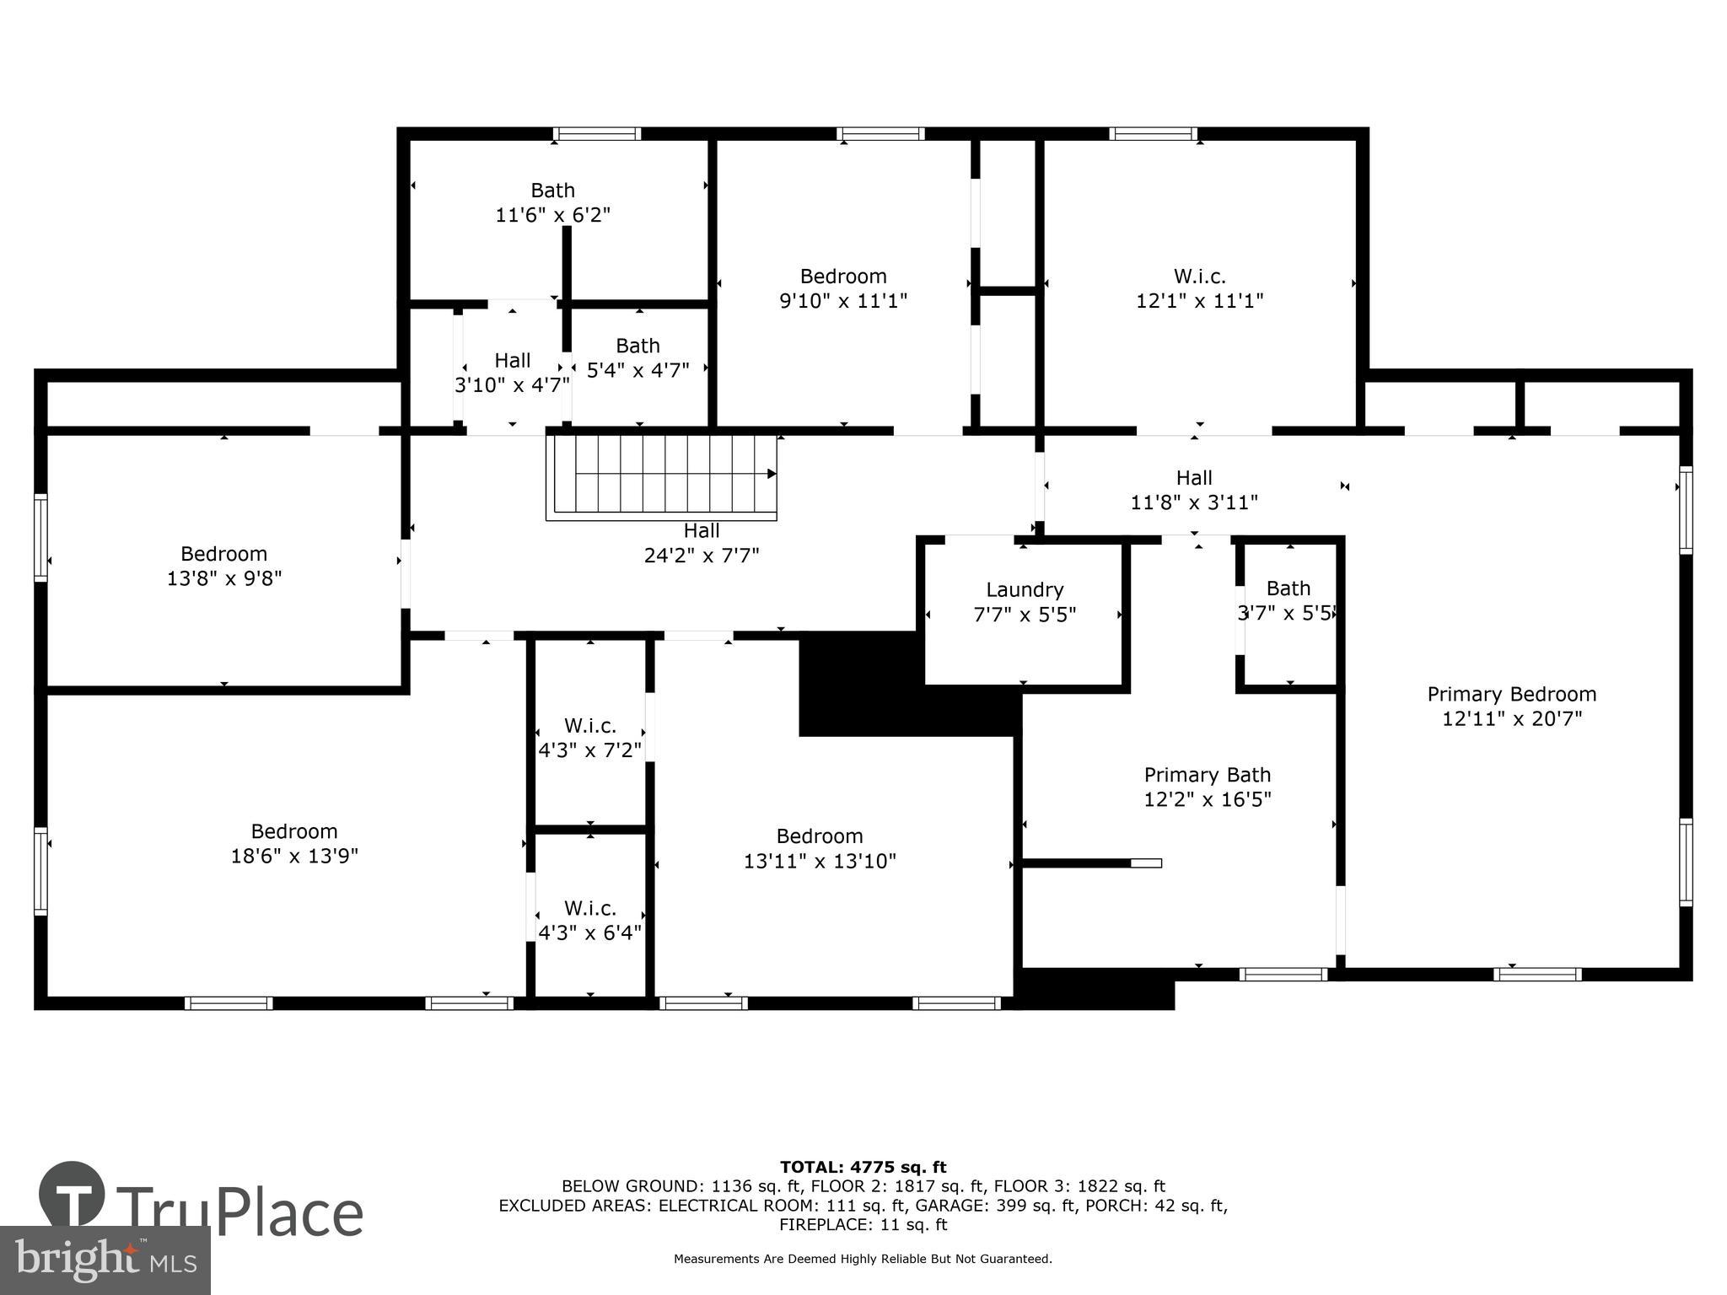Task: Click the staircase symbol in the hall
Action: (x=663, y=476)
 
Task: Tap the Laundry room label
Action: (x=1025, y=590)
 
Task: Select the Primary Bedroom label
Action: (x=1511, y=695)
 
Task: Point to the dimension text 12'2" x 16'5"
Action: (x=1207, y=799)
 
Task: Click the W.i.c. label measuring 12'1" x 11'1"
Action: (x=1199, y=277)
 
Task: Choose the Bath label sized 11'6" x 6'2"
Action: (x=552, y=191)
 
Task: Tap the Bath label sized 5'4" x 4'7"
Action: (x=638, y=346)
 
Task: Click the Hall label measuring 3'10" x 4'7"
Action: (x=512, y=361)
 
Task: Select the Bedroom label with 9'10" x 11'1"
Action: (x=842, y=277)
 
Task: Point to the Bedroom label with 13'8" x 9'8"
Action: (x=223, y=554)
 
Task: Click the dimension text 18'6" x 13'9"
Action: (x=294, y=856)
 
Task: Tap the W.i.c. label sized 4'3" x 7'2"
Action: (x=589, y=726)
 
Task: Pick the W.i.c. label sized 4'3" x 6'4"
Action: (x=589, y=909)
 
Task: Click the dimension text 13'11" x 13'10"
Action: (x=819, y=861)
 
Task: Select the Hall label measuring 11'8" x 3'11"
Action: (x=1193, y=478)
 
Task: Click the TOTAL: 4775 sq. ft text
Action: (x=863, y=1168)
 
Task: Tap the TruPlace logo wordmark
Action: (x=240, y=1212)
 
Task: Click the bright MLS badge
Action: (x=105, y=1260)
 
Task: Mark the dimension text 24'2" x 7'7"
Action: (x=702, y=556)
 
